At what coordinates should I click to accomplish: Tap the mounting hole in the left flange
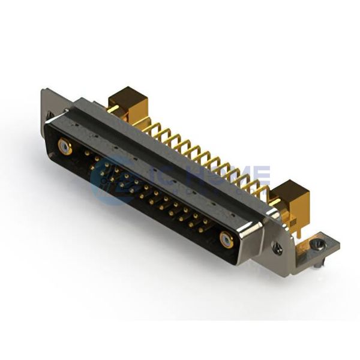(x=50, y=113)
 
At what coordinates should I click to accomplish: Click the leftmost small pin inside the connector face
(x=88, y=153)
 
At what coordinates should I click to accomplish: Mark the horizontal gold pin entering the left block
(x=112, y=109)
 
